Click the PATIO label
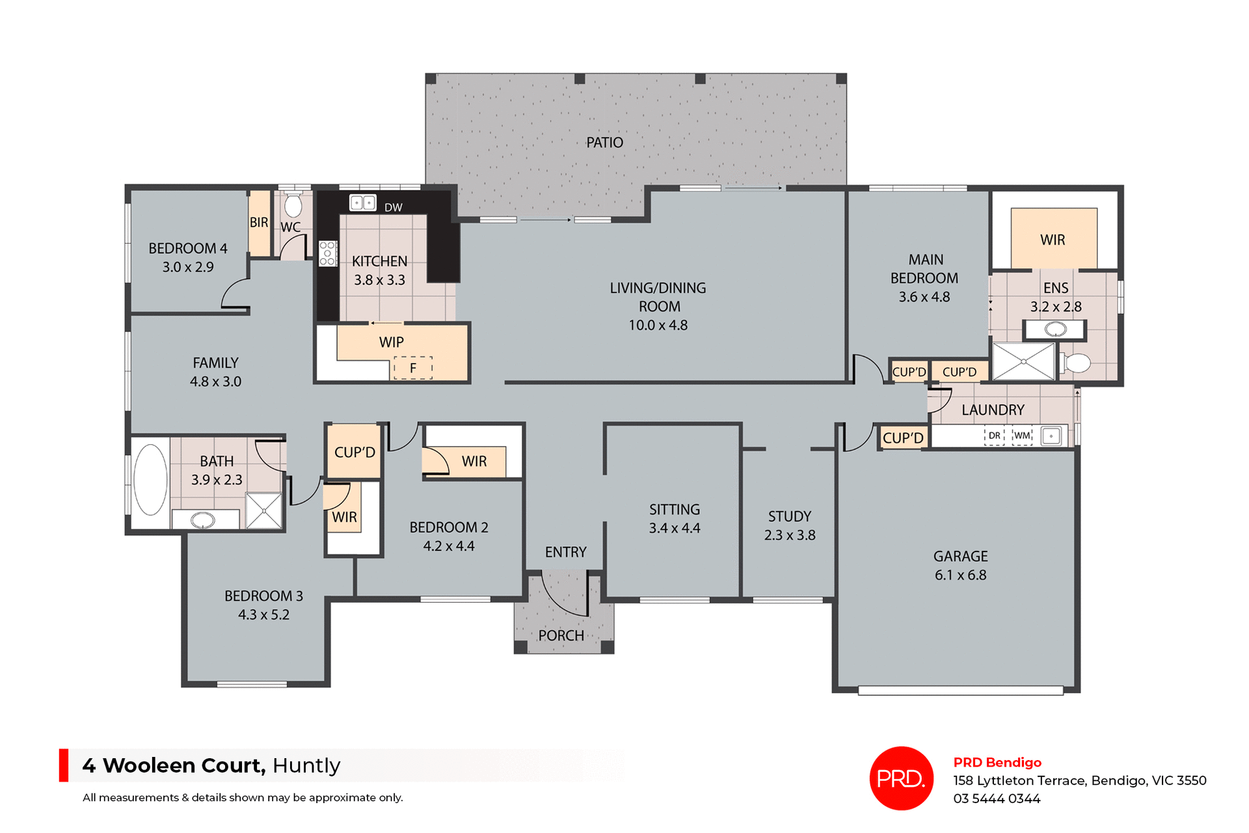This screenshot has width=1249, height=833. click(x=604, y=142)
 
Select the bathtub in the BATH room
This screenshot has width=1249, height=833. click(x=150, y=480)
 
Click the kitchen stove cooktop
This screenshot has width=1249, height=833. click(x=327, y=253)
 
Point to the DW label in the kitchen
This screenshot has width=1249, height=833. click(x=393, y=207)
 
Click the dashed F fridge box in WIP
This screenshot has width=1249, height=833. click(x=412, y=368)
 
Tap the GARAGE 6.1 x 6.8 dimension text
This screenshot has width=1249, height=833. click(x=960, y=575)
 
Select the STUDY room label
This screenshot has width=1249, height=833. click(x=789, y=516)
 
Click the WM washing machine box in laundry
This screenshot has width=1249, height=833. click(x=1022, y=436)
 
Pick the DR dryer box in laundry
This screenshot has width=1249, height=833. click(x=994, y=436)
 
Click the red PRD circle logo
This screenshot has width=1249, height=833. click(x=901, y=778)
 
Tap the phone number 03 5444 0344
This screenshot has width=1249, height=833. click(x=997, y=799)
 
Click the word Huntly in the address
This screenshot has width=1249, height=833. click(x=306, y=765)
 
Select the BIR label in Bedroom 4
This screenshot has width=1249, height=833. click(x=259, y=222)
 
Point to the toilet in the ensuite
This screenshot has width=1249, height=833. click(x=1076, y=363)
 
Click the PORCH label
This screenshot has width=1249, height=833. click(x=561, y=635)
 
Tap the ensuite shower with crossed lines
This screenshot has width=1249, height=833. click(x=1023, y=362)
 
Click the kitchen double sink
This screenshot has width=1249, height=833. click(x=362, y=203)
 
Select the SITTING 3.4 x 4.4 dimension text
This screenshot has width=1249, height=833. click(x=674, y=528)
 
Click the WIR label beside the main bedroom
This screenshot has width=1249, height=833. click(x=1053, y=240)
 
